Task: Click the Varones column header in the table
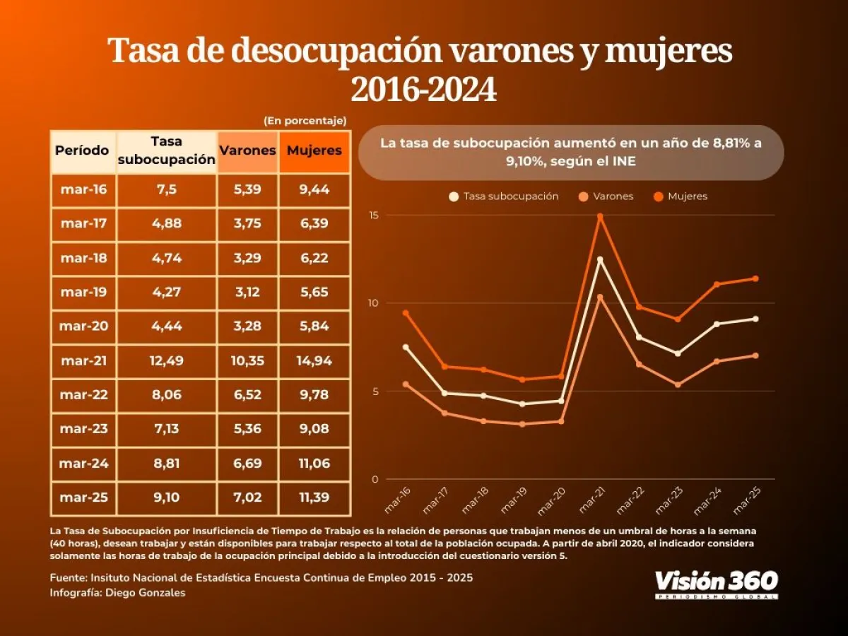coord(247,151)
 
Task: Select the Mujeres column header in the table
coord(314,151)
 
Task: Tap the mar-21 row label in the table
coord(83,361)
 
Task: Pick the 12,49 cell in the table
coord(166,361)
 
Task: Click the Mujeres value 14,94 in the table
coord(314,361)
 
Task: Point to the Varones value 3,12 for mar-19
coord(247,293)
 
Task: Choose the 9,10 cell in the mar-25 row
coord(166,497)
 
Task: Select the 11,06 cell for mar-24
coord(314,464)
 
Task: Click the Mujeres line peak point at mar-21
coord(600,217)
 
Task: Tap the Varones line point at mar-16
coord(406,384)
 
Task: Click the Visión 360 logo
coord(716,583)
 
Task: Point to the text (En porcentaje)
coord(305,121)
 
